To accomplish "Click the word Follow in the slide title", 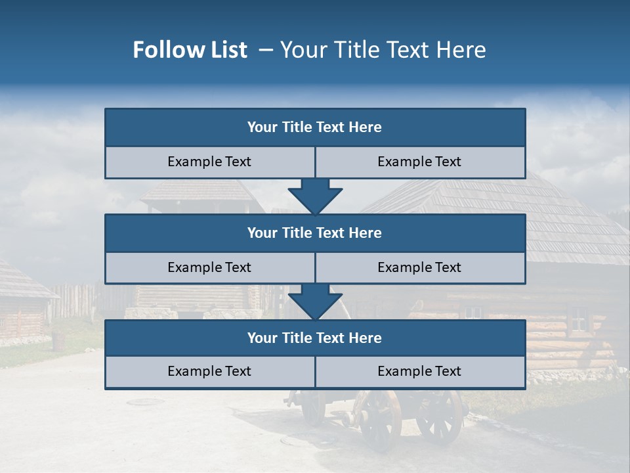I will coord(163,50).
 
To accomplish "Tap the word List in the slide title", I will coord(226,50).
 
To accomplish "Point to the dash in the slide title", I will coord(266,50).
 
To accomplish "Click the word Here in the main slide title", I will coord(462,50).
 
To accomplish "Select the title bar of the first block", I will coord(315,127).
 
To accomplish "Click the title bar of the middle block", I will coord(315,233).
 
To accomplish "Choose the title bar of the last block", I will coord(315,338).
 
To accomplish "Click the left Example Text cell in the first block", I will coord(210,162).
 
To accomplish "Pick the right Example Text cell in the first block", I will coord(420,162).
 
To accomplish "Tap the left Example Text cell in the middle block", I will coord(210,267).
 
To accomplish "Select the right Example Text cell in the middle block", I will coord(420,267).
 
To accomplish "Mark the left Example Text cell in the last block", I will coord(210,372).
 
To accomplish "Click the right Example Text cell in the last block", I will coord(420,372).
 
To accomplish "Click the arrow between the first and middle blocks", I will coord(315,196).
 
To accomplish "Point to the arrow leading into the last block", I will coord(315,302).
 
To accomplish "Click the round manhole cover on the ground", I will coord(146,401).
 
